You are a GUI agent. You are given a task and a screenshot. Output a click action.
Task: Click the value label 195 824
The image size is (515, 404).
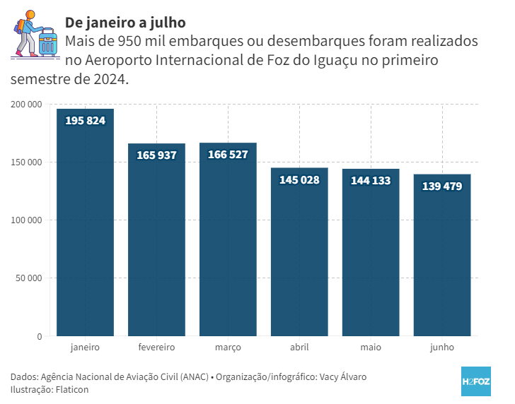click(85, 121)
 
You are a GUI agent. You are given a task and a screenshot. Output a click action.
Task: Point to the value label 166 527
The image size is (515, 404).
click(228, 154)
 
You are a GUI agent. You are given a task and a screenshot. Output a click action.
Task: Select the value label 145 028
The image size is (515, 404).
click(299, 180)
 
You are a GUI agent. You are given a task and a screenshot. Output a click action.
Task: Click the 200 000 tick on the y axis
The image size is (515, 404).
click(27, 105)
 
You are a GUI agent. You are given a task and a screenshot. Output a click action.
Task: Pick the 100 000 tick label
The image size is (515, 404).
click(27, 220)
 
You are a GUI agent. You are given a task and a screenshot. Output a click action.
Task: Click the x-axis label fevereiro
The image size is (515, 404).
click(156, 347)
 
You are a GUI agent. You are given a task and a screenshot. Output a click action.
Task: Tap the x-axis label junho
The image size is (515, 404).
click(442, 347)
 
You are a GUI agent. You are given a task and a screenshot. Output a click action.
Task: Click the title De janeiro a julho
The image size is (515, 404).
click(125, 23)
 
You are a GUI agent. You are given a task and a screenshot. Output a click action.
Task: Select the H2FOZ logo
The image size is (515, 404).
click(475, 381)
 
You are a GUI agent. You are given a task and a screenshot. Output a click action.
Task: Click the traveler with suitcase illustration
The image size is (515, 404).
click(35, 35)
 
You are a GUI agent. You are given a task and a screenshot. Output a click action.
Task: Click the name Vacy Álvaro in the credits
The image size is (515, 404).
click(342, 376)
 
